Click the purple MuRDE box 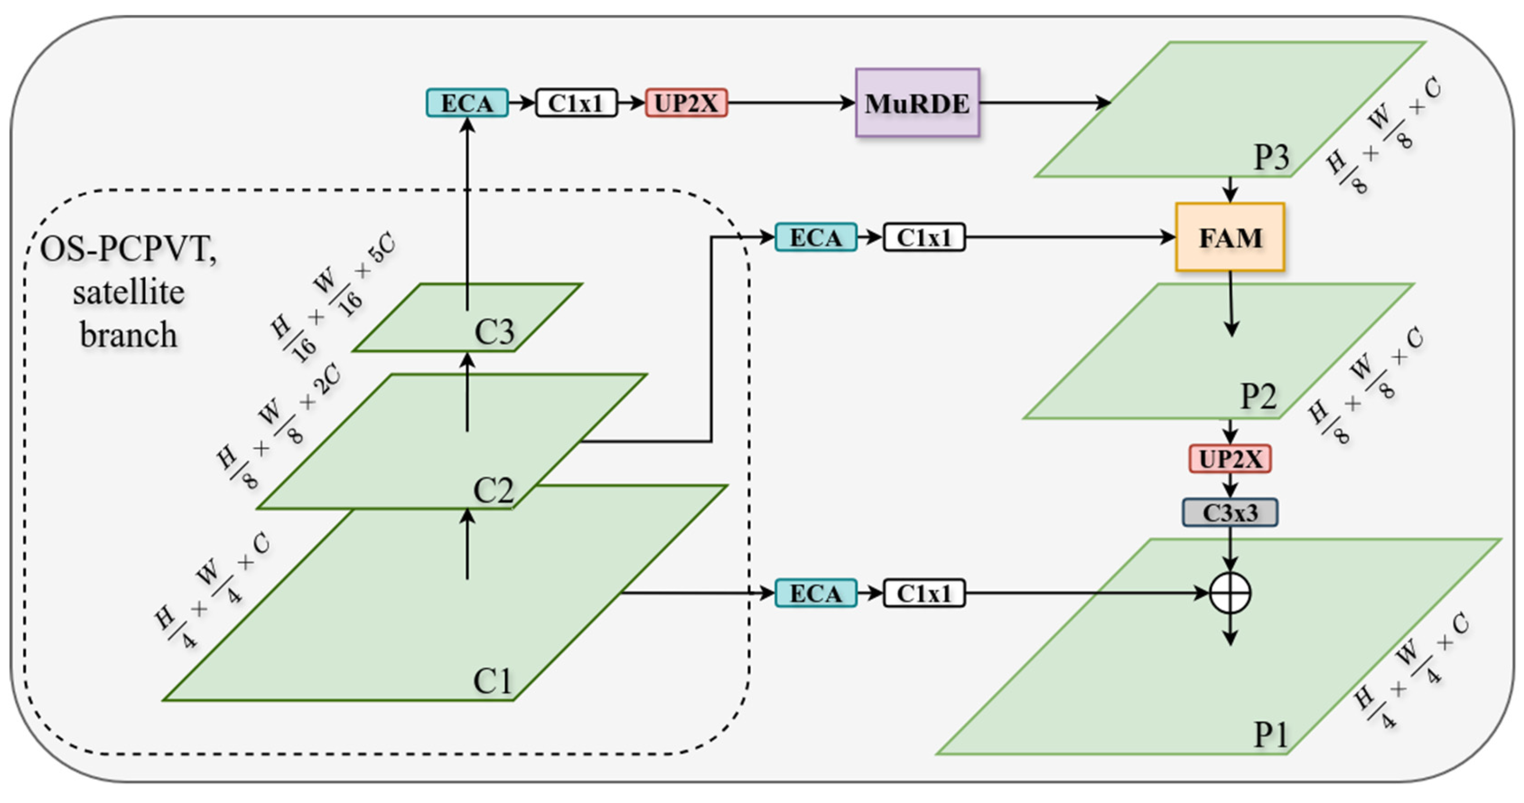(x=917, y=103)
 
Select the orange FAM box (x=1230, y=237)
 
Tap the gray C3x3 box (x=1230, y=513)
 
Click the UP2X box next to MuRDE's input (x=686, y=103)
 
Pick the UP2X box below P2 (x=1230, y=459)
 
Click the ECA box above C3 (x=467, y=103)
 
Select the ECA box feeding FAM (x=815, y=237)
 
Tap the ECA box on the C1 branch (x=815, y=593)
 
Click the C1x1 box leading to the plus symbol (x=924, y=593)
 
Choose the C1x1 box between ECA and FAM (x=924, y=237)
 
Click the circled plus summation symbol (x=1230, y=592)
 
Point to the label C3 (x=494, y=331)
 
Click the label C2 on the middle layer (x=493, y=490)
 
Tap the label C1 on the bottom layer (x=492, y=681)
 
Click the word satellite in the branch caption (x=129, y=292)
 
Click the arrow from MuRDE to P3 (x=1044, y=103)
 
